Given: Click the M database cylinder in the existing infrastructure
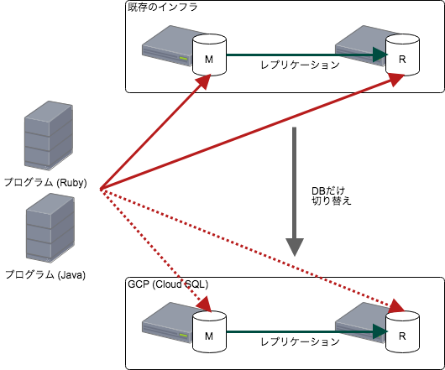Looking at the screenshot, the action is click(x=209, y=55).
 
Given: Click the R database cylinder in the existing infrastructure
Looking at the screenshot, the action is click(x=402, y=55).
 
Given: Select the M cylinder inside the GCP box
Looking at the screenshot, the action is click(x=209, y=331).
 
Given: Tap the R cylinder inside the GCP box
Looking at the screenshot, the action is click(x=402, y=331).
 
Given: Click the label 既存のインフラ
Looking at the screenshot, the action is click(x=162, y=8).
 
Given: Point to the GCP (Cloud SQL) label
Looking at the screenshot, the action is click(x=168, y=284).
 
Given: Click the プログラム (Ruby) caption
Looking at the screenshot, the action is click(x=45, y=182).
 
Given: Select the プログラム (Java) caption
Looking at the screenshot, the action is click(x=45, y=274).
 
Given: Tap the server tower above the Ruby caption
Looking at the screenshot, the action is click(x=49, y=136).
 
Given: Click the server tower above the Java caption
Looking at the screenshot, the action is click(x=50, y=228).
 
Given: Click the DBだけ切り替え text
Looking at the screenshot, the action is click(x=332, y=195).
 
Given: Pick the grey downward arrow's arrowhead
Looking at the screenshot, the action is click(x=295, y=247).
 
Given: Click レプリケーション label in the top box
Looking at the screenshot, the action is click(x=301, y=65).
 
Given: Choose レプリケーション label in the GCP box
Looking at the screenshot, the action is click(x=301, y=341).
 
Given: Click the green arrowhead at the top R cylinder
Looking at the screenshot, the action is click(x=380, y=55).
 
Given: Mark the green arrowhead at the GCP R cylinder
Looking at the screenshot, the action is click(x=380, y=331).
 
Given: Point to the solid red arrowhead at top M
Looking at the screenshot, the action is click(x=203, y=82).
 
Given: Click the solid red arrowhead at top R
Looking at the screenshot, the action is click(x=396, y=80).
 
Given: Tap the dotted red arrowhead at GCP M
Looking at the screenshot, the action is click(x=205, y=305).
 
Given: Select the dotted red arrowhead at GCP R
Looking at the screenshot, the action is click(x=397, y=306).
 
